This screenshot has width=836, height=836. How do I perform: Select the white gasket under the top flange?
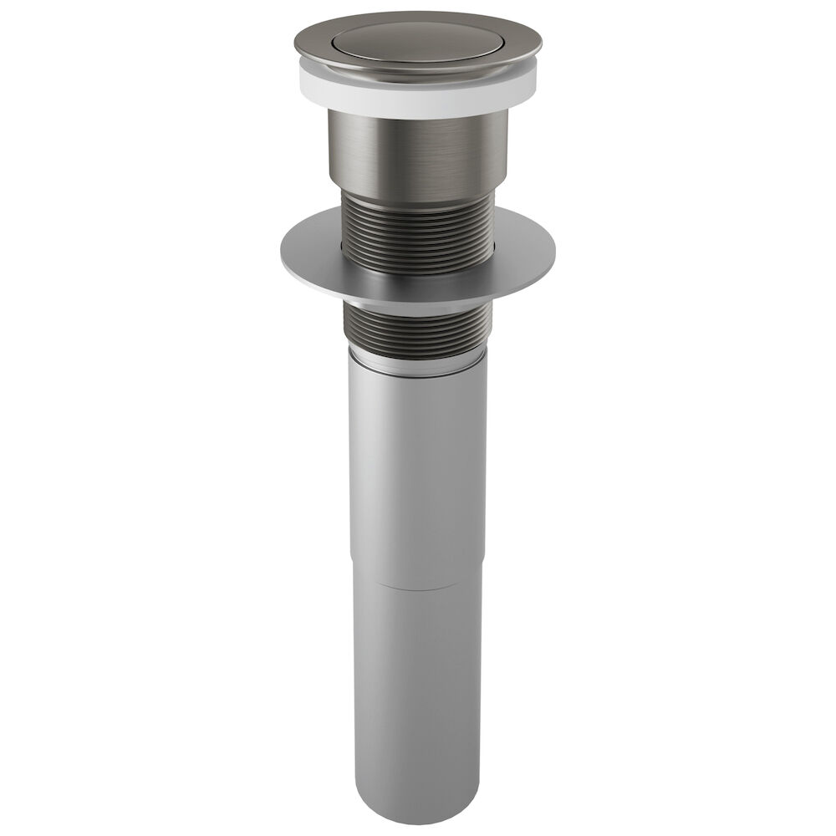417,101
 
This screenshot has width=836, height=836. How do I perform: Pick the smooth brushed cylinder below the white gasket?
417,155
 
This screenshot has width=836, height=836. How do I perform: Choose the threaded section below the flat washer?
417,326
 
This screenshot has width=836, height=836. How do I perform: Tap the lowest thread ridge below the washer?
417,349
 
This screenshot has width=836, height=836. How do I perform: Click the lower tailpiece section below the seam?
417,686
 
